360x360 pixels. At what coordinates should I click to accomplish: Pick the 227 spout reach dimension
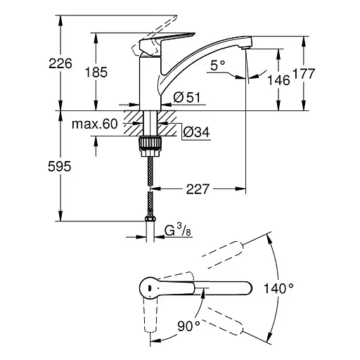(x=198, y=188)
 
